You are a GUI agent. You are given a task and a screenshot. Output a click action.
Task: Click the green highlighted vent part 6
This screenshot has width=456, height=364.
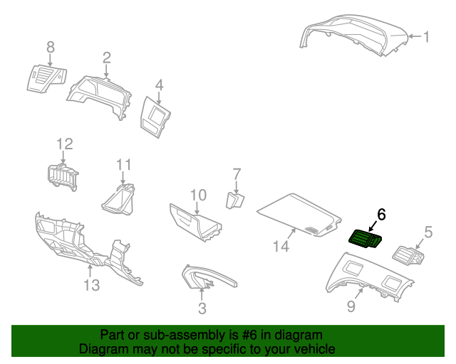[366, 240]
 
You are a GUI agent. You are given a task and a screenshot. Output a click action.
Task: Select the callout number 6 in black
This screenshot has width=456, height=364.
[381, 214]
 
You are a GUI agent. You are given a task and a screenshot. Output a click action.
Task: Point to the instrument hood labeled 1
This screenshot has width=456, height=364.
[356, 36]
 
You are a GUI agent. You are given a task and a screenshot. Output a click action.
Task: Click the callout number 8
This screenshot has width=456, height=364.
[50, 47]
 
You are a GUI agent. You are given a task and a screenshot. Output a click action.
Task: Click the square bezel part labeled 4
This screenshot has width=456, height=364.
[157, 114]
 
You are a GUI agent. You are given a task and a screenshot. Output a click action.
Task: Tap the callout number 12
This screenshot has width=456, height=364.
[65, 144]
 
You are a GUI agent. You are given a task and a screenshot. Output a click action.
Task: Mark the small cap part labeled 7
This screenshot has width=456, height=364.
[235, 200]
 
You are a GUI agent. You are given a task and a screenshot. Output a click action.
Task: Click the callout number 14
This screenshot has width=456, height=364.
[281, 246]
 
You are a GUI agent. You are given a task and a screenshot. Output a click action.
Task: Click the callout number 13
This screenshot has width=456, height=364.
[91, 285]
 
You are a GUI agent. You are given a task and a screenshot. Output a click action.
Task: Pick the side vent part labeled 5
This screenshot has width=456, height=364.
[411, 254]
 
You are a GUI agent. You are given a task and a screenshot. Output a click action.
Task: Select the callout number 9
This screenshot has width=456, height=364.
[351, 306]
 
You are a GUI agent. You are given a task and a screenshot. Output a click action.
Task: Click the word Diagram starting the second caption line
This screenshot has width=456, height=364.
[102, 349]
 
